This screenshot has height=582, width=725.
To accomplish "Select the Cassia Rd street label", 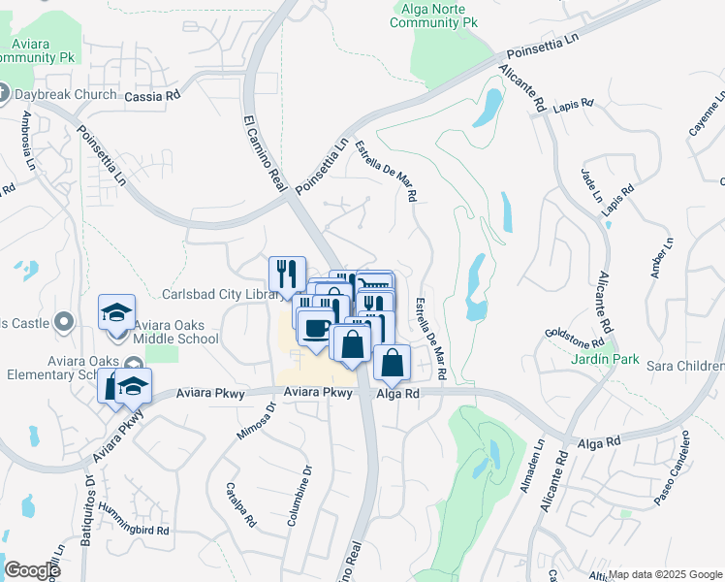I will (153, 96).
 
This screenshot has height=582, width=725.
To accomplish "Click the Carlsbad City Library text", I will (220, 294).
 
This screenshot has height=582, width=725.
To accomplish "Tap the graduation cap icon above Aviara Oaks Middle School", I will (116, 312).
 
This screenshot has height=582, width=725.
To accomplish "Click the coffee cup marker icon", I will (315, 328).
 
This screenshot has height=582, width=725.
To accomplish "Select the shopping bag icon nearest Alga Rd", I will (391, 363).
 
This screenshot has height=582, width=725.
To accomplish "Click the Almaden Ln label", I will (530, 472).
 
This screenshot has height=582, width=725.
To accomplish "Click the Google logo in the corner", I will (32, 569).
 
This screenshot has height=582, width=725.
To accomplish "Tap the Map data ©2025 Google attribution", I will (664, 574).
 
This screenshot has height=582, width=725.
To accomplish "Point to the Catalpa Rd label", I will (239, 504).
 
